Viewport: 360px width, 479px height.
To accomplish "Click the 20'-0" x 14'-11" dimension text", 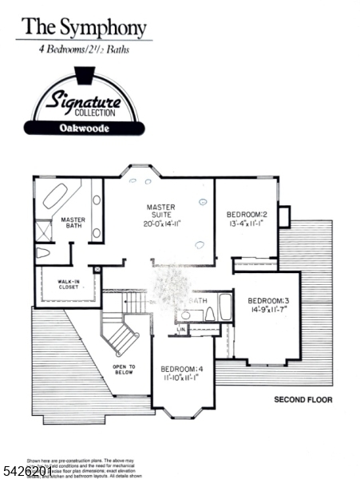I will click(163, 224).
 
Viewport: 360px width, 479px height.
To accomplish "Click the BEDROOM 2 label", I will click(246, 215).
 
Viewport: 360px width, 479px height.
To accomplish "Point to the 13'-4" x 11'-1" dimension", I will click(247, 224).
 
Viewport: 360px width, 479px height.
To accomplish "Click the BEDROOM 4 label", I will click(182, 369).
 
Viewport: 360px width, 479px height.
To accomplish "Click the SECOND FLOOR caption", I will click(303, 399).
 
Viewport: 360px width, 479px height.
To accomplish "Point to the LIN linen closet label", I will click(181, 328).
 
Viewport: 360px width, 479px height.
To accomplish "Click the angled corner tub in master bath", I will click(53, 196).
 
